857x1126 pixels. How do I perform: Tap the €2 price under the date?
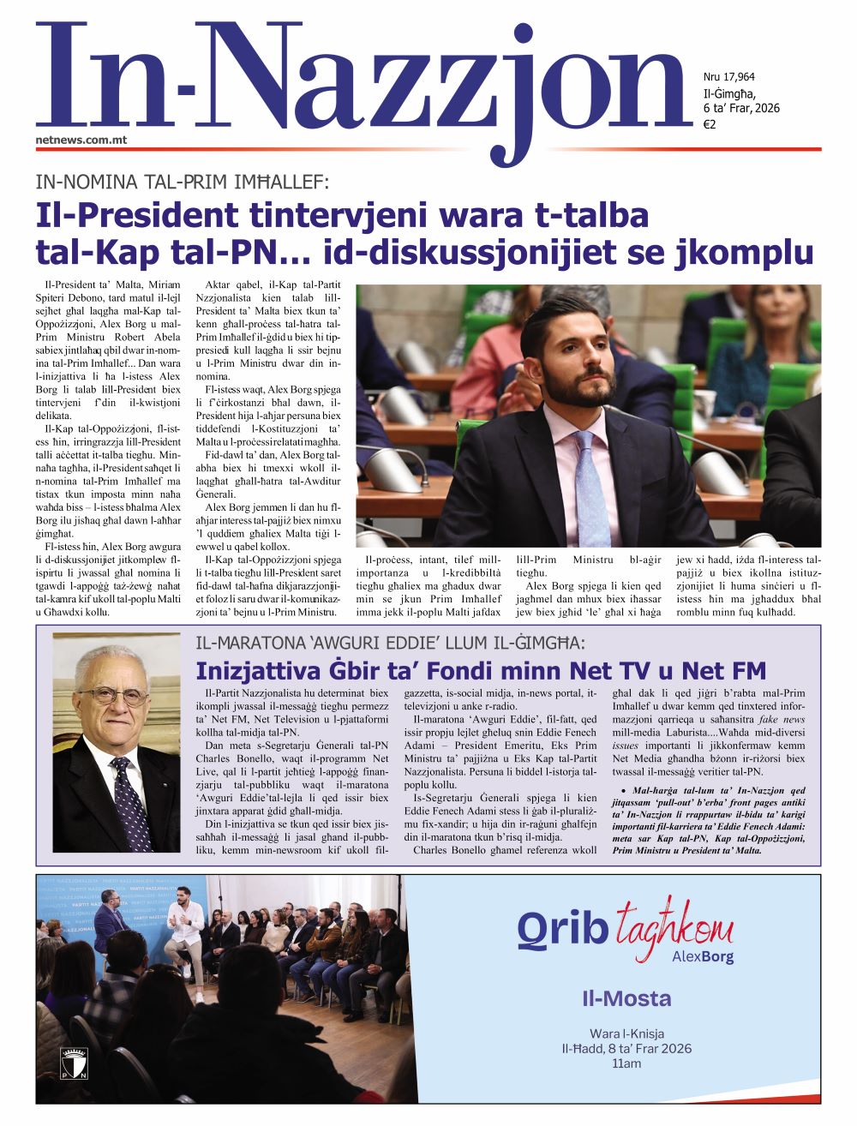(x=710, y=124)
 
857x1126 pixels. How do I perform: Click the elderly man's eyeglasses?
(x=114, y=697)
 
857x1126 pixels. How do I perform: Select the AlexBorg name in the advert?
(x=703, y=957)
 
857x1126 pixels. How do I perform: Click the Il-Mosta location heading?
(x=626, y=998)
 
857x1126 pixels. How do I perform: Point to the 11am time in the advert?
(x=626, y=1063)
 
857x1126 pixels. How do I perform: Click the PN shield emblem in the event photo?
(x=74, y=1063)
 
